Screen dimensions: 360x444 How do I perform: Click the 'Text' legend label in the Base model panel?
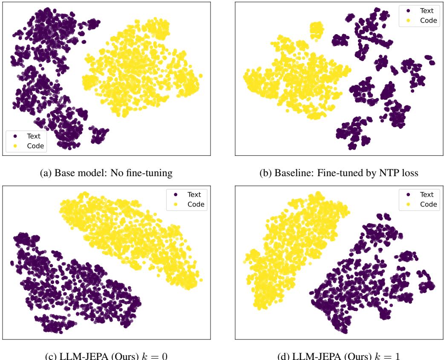pyautogui.click(x=30, y=136)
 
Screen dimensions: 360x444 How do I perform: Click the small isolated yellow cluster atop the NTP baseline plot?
pyautogui.click(x=316, y=30)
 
